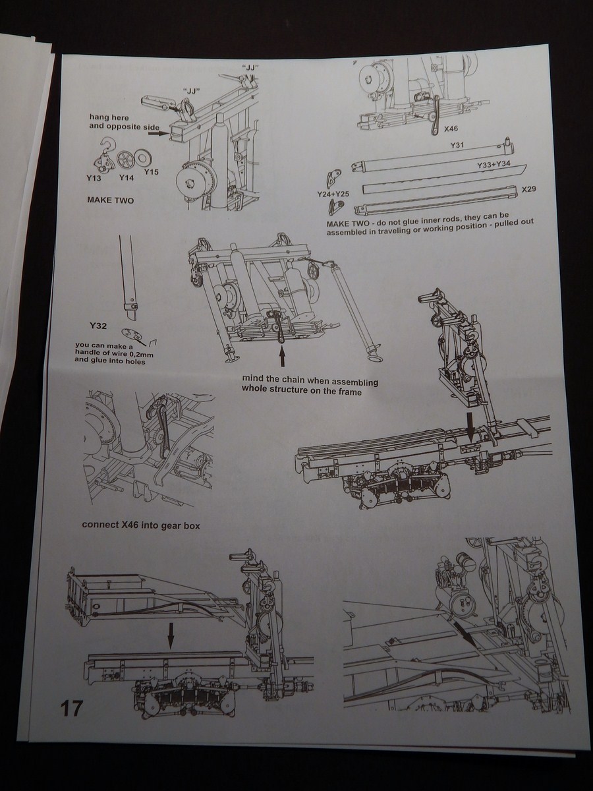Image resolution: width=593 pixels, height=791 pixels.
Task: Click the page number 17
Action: (71, 709)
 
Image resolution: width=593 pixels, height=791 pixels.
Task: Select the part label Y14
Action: (127, 177)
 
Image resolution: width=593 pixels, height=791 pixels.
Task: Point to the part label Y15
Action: (152, 172)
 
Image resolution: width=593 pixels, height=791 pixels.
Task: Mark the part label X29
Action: (529, 190)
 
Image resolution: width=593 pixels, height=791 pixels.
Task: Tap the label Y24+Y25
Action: (333, 194)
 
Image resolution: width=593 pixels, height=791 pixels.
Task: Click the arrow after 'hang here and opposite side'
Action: (158, 132)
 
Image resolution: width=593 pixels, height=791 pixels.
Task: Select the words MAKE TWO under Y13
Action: (111, 200)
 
